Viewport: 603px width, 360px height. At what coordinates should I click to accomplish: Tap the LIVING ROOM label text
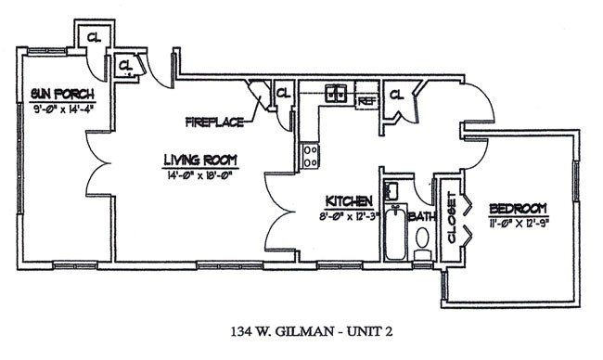click(200, 160)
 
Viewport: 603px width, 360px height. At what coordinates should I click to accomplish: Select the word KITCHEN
click(349, 201)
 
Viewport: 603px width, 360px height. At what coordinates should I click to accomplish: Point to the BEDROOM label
click(518, 208)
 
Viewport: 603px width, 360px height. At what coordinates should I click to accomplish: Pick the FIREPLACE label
click(214, 122)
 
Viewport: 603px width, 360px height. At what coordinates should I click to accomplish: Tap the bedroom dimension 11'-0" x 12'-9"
click(518, 224)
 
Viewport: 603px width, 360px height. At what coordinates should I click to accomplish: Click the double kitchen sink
click(335, 92)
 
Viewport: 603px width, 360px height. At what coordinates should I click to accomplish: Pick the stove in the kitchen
click(309, 150)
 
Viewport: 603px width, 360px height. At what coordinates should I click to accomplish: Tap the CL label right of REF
click(395, 94)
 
